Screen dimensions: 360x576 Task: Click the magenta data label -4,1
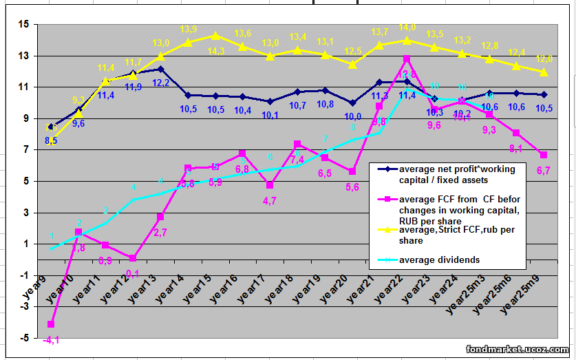[x=50, y=339]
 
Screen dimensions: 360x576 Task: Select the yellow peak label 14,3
[x=216, y=51]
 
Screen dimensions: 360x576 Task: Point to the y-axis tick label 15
[x=24, y=25]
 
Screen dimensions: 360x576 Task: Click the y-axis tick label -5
[x=25, y=338]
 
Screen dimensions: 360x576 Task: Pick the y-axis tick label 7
[x=26, y=150]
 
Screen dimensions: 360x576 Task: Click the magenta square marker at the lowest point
[x=51, y=324]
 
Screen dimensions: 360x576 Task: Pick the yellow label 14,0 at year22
[x=407, y=28]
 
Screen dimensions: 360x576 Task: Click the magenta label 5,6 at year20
[x=352, y=187]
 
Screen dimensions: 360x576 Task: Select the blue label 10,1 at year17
[x=270, y=115]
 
